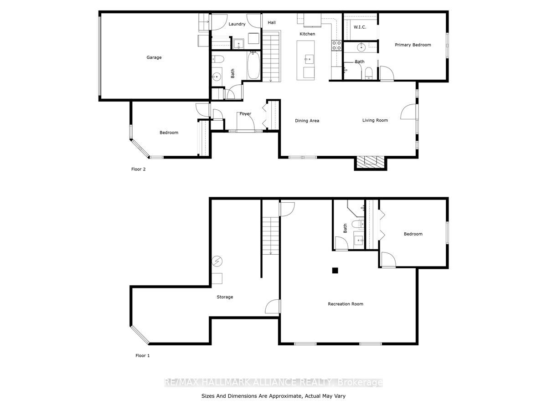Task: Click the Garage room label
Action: tap(154, 57)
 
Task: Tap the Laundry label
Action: tap(237, 24)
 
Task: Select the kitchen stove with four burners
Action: tap(336, 45)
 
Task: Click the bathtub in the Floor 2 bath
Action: tap(253, 65)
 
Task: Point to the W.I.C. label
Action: tap(360, 27)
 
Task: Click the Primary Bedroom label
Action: tap(413, 45)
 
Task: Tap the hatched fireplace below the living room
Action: tap(370, 163)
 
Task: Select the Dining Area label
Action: tap(307, 120)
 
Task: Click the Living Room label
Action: tap(375, 120)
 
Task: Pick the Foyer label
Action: tap(245, 113)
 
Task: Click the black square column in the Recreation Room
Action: tap(335, 270)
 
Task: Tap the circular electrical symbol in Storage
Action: tap(217, 261)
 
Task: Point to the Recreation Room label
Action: tap(346, 304)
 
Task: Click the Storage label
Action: tap(225, 297)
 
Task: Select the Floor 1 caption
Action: tap(143, 355)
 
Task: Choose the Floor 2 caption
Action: tap(138, 169)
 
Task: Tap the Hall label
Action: tap(272, 22)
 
